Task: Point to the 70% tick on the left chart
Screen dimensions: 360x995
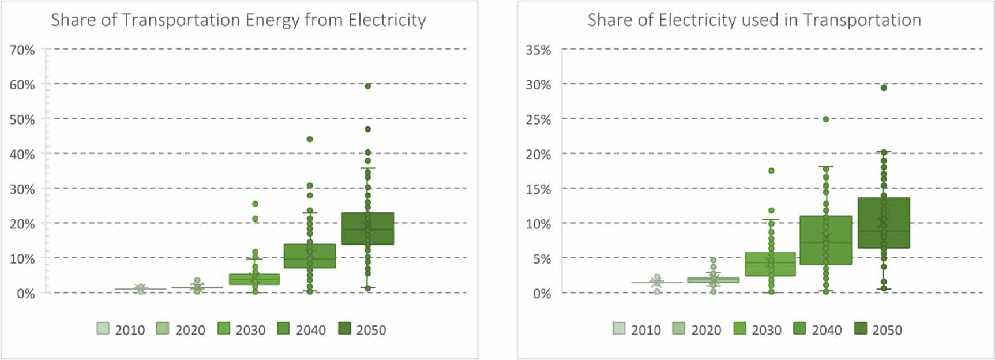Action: coord(22,50)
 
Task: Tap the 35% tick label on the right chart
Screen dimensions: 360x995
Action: coord(538,50)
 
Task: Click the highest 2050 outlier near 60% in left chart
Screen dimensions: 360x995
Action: coord(367,86)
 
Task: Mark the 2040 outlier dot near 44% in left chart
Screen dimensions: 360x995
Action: coord(310,139)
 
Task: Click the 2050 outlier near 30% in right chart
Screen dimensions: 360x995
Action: coord(884,88)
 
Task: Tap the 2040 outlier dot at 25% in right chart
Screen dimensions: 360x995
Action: coord(826,119)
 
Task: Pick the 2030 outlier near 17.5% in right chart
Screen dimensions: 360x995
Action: coord(771,171)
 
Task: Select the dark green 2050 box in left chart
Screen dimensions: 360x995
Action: coord(367,228)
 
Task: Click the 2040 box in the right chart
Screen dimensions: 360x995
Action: coord(826,240)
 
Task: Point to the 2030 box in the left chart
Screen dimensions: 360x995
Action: coord(254,279)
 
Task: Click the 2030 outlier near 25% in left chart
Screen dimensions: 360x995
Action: coord(255,204)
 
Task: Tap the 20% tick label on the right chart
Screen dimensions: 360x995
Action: coord(538,155)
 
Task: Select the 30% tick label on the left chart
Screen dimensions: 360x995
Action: coord(22,189)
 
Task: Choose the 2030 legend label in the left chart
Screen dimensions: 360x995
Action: coord(250,330)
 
